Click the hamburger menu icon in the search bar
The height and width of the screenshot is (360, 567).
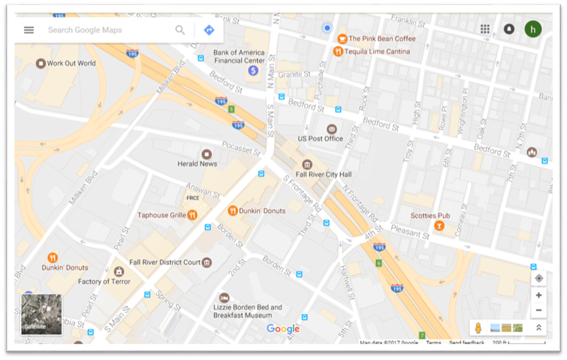tap(29, 30)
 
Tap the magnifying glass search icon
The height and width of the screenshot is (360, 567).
tap(180, 30)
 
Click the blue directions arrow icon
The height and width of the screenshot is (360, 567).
tap(209, 30)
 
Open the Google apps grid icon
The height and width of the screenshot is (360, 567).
tap(485, 29)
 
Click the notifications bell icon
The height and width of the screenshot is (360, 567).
tap(509, 29)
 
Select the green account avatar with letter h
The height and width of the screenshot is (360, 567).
tap(533, 29)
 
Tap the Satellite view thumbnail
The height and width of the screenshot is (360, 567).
tap(41, 314)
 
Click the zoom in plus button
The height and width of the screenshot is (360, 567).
tap(538, 295)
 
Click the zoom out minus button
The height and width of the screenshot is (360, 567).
tap(538, 310)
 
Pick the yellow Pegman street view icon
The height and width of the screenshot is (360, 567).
tap(478, 328)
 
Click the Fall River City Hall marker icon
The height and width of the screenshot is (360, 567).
tap(307, 164)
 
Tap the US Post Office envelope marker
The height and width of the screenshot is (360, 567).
tap(332, 129)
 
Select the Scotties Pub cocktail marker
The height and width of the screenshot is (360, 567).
tap(439, 226)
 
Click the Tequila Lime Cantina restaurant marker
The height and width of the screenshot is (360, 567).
tap(338, 52)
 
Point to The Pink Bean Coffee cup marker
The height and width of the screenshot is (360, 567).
tap(341, 39)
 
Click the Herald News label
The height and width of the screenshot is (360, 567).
tap(197, 163)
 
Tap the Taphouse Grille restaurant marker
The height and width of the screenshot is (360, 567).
tap(192, 215)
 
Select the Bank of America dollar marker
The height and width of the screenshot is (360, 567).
tap(253, 71)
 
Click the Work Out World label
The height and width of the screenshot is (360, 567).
tap(71, 63)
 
